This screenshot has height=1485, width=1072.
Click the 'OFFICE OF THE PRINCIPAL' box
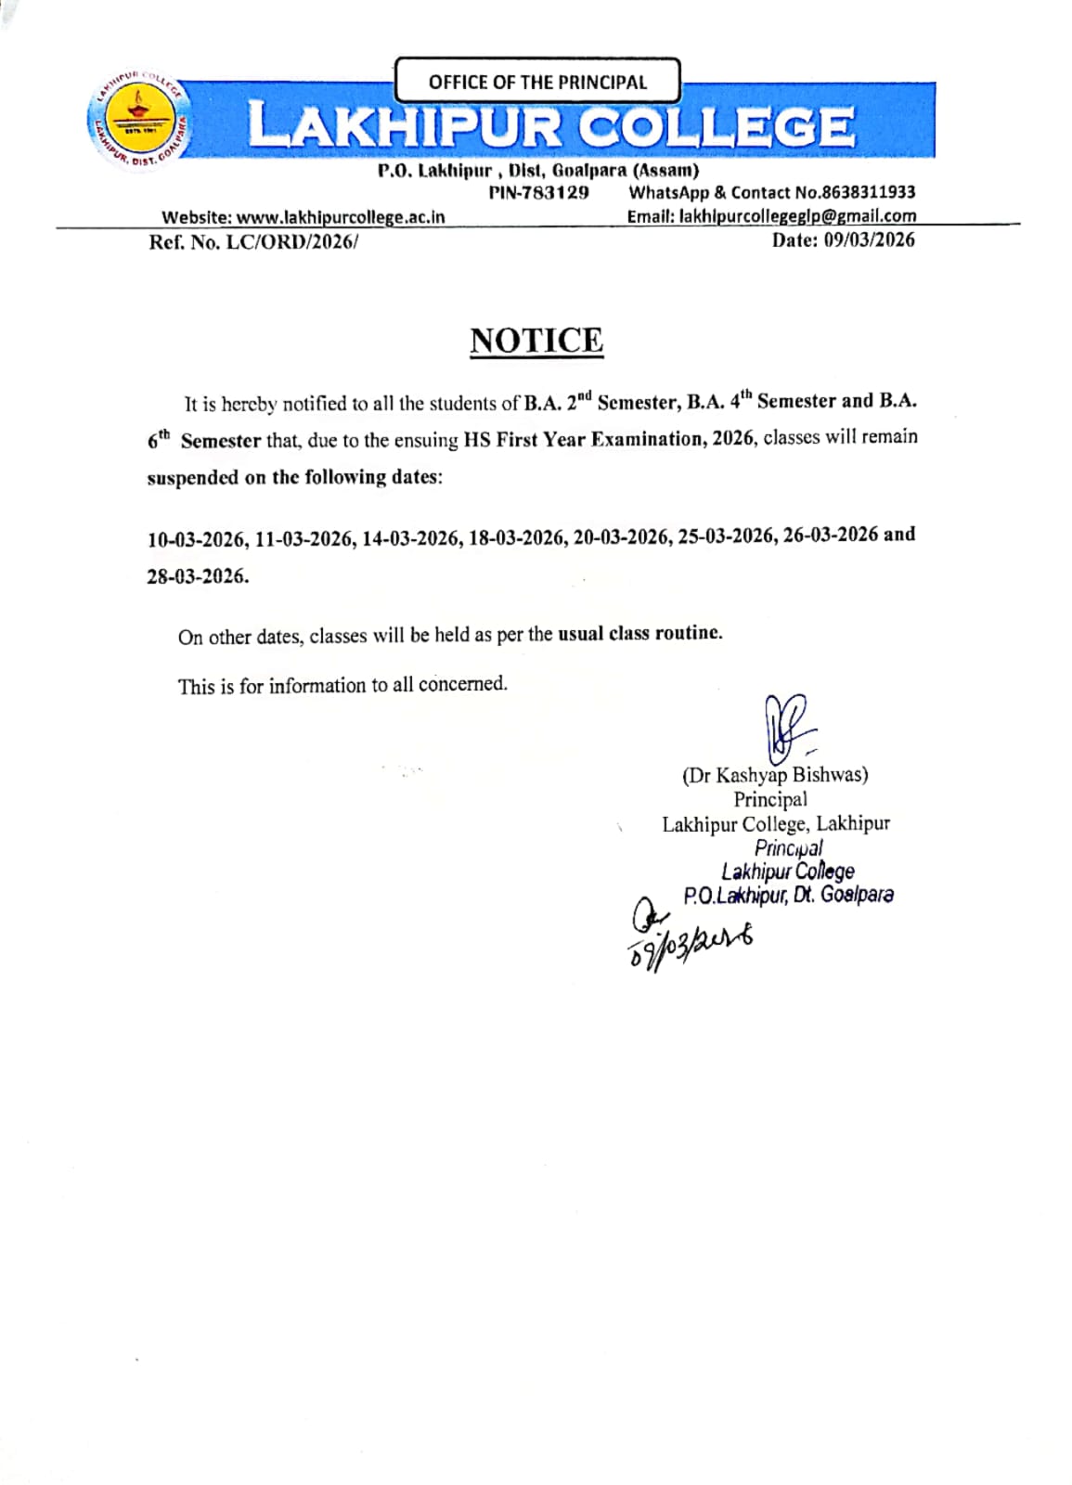pyautogui.click(x=537, y=81)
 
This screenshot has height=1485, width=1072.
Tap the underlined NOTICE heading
pyautogui.click(x=536, y=341)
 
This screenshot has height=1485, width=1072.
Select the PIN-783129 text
pyautogui.click(x=538, y=193)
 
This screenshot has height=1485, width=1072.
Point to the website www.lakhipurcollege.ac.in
pyautogui.click(x=341, y=217)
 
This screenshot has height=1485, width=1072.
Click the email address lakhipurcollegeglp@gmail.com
pyautogui.click(x=797, y=216)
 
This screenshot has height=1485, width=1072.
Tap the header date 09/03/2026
pyautogui.click(x=869, y=239)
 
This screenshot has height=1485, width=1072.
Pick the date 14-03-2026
pyautogui.click(x=411, y=538)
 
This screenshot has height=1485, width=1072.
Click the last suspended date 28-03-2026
pyautogui.click(x=197, y=576)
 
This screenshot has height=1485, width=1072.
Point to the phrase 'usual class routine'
pyautogui.click(x=639, y=633)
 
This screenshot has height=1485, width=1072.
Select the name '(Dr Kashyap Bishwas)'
pyautogui.click(x=775, y=775)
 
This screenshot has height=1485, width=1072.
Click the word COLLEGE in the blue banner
pyautogui.click(x=716, y=127)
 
